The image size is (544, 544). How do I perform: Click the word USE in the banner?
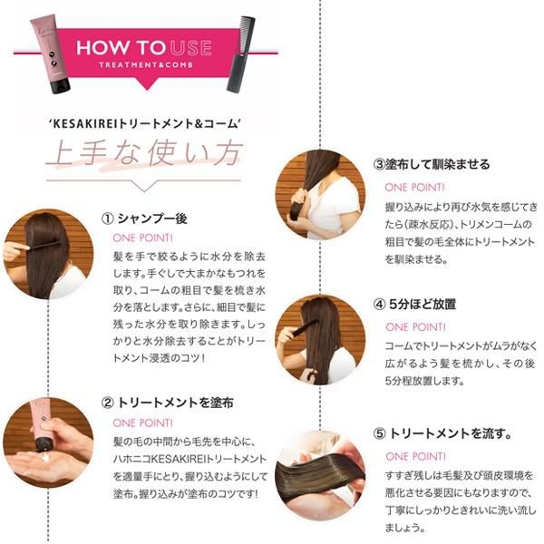click(191, 48)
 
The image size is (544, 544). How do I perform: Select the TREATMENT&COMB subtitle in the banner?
click(146, 65)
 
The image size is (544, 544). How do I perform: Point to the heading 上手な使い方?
click(144, 153)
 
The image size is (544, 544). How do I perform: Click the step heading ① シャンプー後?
click(144, 219)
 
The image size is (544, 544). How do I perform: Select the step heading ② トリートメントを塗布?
click(168, 403)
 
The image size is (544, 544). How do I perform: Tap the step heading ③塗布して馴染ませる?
click(432, 164)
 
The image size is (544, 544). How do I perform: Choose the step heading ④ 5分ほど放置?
click(414, 305)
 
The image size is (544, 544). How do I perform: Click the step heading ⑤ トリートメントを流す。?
click(442, 433)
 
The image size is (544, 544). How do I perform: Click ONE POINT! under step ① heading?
click(142, 238)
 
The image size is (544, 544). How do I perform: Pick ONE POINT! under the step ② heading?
click(142, 423)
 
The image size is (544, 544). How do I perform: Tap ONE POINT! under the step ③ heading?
click(414, 188)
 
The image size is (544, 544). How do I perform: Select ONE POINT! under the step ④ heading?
click(415, 327)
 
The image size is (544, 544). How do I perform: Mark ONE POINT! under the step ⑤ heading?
click(415, 456)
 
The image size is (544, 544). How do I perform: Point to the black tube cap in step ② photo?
click(43, 444)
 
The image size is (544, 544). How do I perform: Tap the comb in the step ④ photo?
click(305, 328)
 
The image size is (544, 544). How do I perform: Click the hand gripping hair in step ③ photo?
click(299, 199)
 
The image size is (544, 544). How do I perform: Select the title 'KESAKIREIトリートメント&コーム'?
click(145, 123)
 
